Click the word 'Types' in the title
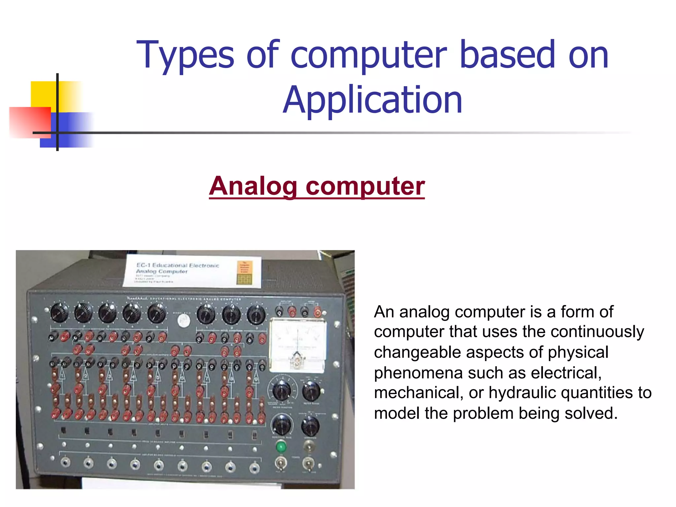(x=185, y=55)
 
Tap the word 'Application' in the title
(x=373, y=100)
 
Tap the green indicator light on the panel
(x=281, y=447)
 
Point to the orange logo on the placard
(x=245, y=272)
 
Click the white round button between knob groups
(x=184, y=320)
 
